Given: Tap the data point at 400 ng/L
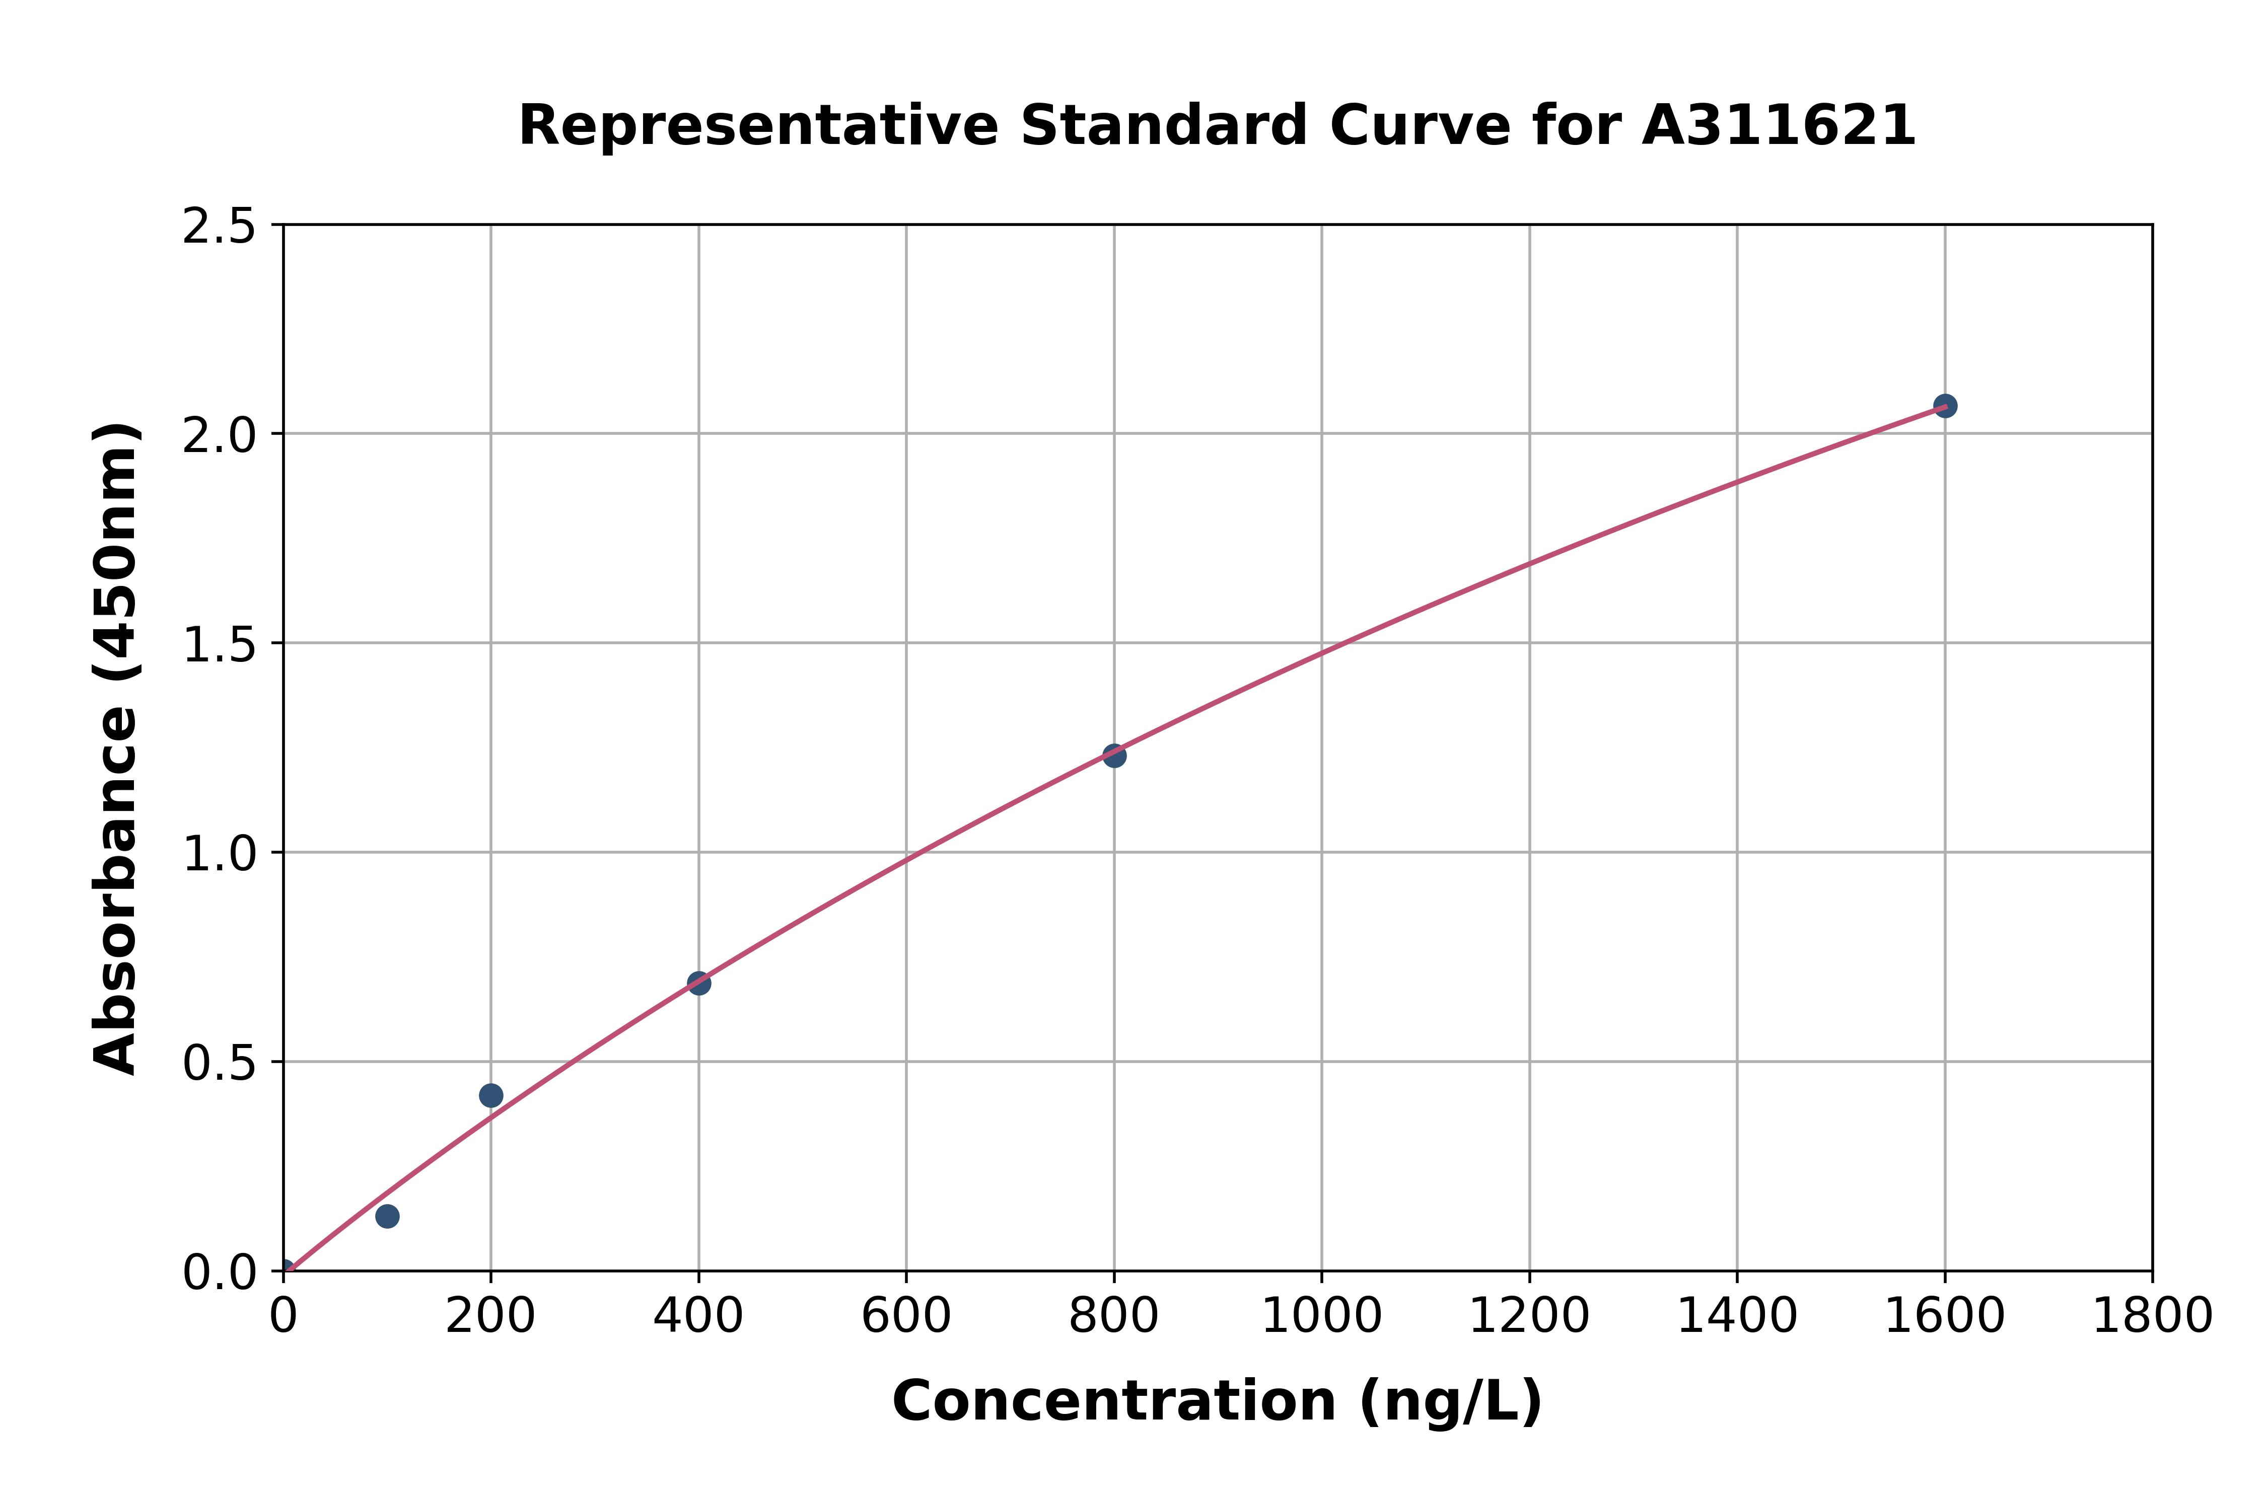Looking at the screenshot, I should pyautogui.click(x=699, y=983).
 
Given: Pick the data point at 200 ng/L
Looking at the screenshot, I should pyautogui.click(x=491, y=1095).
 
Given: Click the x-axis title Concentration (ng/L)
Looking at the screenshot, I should pyautogui.click(x=1217, y=1401).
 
